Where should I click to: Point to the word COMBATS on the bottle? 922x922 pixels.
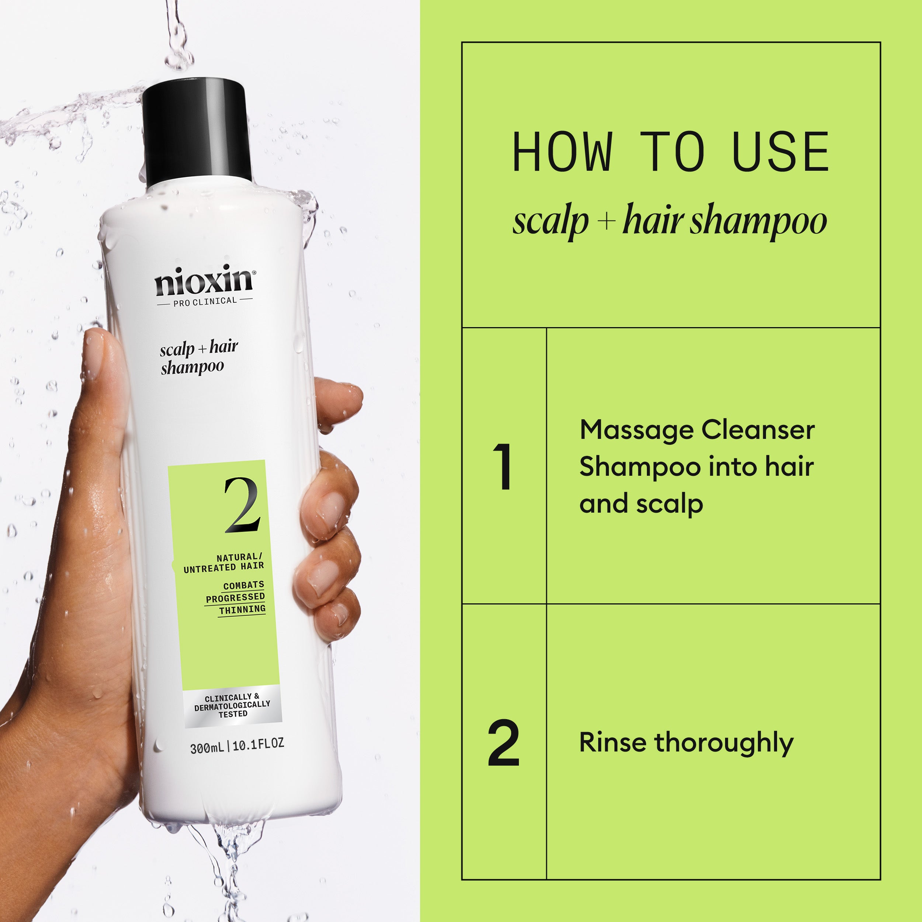pos(243,585)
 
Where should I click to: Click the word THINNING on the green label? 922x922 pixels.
pos(242,609)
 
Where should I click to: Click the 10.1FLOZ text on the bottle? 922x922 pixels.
pos(258,744)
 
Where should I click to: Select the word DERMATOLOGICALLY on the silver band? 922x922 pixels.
pos(232,706)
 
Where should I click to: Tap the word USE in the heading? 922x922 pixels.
pos(780,152)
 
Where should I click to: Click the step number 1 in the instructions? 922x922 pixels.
pos(503,466)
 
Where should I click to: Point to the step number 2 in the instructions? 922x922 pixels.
pos(503,743)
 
